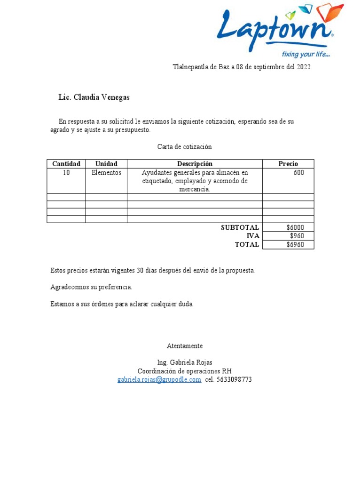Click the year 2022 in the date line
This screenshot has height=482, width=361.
(x=303, y=67)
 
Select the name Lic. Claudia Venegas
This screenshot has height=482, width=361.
(x=94, y=97)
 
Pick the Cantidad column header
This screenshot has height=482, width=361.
(x=66, y=164)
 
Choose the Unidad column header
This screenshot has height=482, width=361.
(x=106, y=164)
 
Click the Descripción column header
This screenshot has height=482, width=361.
(x=195, y=164)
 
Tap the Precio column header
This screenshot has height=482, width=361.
(x=288, y=164)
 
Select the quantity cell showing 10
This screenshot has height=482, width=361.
(x=66, y=173)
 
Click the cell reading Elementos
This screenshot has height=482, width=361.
(x=106, y=173)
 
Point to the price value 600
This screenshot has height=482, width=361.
(x=298, y=173)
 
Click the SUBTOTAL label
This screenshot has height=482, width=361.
(x=240, y=227)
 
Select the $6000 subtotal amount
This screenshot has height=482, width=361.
(x=295, y=227)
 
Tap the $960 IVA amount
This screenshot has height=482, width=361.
(x=297, y=236)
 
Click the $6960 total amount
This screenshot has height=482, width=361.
(x=295, y=245)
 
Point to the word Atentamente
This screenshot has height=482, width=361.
(x=185, y=346)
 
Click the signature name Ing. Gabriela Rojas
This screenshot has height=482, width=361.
(x=185, y=362)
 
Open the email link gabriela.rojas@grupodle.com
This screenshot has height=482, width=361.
(x=159, y=379)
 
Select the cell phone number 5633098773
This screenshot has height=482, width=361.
(x=234, y=379)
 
